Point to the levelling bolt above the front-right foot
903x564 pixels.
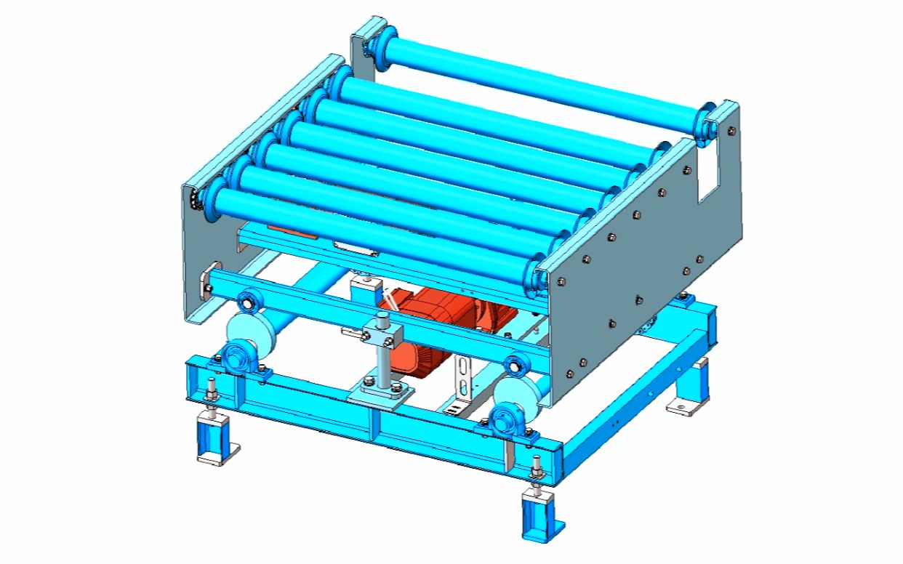point(537,469)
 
